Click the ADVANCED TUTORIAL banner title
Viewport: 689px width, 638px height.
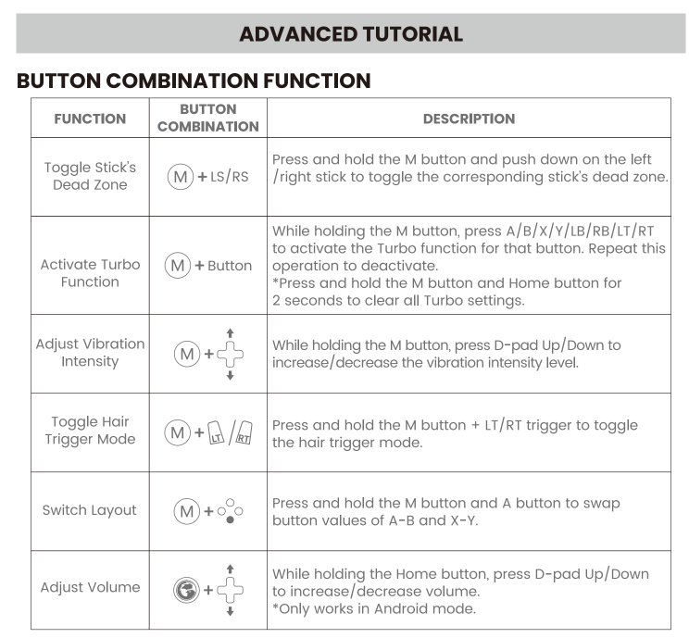tap(351, 34)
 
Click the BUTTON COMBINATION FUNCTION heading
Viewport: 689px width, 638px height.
tap(194, 81)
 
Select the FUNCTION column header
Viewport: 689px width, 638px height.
tap(90, 119)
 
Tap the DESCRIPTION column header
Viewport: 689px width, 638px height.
tap(469, 119)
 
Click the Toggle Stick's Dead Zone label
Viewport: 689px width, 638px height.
tap(90, 176)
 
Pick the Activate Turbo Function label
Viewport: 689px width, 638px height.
tap(90, 272)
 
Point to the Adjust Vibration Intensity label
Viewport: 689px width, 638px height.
tap(90, 352)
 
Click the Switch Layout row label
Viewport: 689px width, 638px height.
tap(90, 510)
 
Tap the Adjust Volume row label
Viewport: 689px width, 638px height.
tap(90, 587)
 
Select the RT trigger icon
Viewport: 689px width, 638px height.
tap(244, 432)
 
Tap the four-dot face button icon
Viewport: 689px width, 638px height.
tap(231, 511)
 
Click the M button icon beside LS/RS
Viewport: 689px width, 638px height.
tap(181, 176)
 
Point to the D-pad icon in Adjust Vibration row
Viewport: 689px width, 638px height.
tap(231, 354)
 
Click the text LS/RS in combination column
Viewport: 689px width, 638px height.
tap(231, 176)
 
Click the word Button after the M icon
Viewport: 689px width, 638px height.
tap(230, 266)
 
